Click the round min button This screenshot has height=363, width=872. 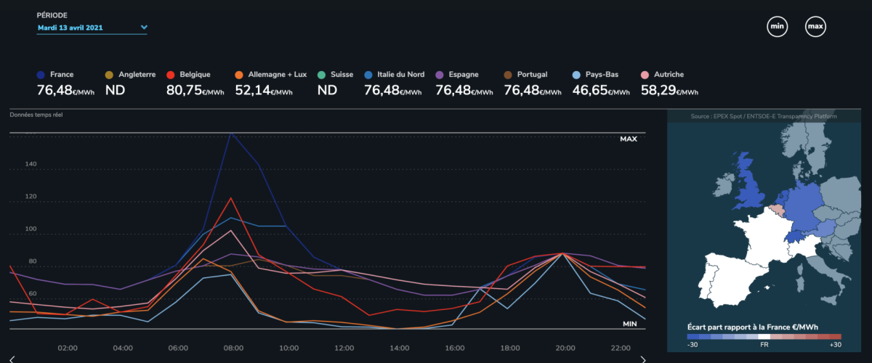(778, 28)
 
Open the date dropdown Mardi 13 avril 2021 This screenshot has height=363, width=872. (92, 28)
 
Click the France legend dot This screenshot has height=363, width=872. (41, 75)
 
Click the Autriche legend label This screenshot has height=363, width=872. (669, 75)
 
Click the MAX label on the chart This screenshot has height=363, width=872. (628, 139)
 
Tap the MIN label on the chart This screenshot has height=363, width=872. (629, 323)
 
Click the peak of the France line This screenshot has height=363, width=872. (230, 134)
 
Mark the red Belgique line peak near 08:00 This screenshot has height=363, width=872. (230, 197)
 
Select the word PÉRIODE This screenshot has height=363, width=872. (52, 15)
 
